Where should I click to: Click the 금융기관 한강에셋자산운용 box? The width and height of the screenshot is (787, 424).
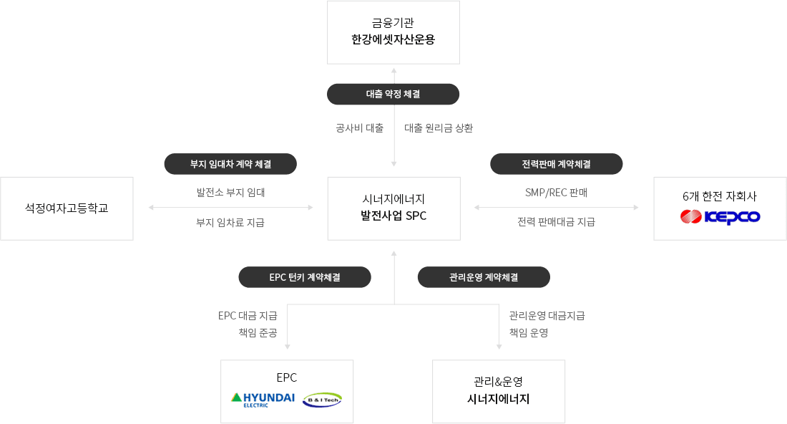(393, 32)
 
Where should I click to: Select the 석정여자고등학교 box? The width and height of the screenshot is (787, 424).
(67, 208)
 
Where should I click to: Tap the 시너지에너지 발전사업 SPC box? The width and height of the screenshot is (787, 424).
(393, 208)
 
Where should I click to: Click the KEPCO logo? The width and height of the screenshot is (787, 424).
(720, 216)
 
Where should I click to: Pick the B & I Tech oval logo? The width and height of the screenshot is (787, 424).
(322, 400)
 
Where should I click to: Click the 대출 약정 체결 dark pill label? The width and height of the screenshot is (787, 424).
(393, 94)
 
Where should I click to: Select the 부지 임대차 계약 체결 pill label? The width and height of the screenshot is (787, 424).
(230, 164)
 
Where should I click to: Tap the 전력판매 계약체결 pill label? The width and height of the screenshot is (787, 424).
(556, 164)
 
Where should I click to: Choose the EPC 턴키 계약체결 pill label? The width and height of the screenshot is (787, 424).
(305, 276)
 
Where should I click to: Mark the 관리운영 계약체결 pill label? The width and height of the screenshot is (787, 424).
(484, 276)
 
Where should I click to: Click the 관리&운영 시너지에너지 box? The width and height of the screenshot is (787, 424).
(499, 391)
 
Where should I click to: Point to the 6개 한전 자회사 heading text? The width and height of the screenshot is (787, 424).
(720, 196)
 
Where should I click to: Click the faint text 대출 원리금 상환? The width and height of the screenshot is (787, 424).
(438, 129)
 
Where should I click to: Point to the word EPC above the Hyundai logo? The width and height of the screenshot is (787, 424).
(286, 378)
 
